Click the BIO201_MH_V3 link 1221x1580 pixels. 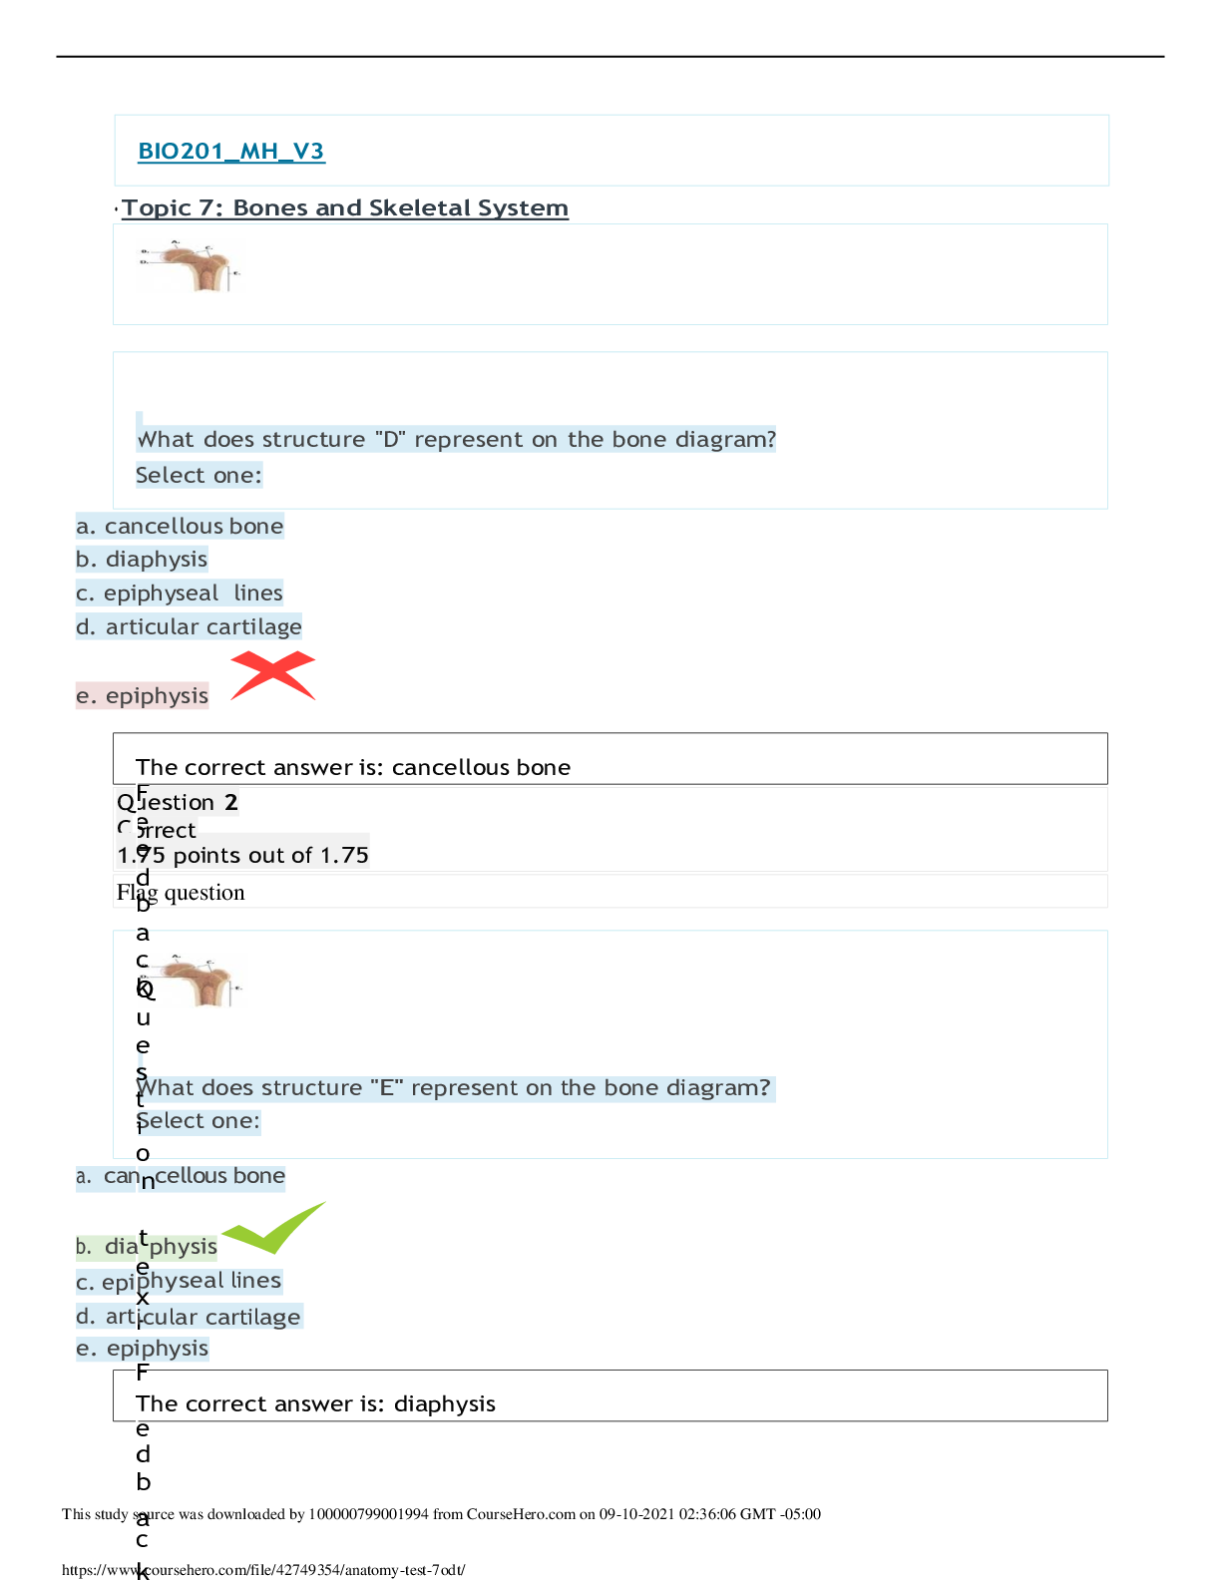coord(230,151)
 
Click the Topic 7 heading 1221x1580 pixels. coord(344,207)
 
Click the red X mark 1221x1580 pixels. coord(272,675)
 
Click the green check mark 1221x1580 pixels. coord(273,1228)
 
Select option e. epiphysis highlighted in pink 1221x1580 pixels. coord(143,695)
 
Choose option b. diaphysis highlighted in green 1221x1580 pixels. coord(147,1246)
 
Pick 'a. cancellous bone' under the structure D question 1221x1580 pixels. coord(181,526)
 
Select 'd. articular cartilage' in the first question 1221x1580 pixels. coord(190,626)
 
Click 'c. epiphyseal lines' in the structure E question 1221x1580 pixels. coord(180,1281)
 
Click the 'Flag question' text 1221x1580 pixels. coord(181,893)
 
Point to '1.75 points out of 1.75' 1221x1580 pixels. coord(242,855)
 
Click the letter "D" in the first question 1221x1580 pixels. coord(389,440)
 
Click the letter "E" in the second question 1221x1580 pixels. coord(385,1088)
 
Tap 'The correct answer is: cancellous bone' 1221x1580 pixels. coord(353,767)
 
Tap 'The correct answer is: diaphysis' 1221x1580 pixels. coord(315,1403)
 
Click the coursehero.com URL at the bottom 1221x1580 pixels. coord(263,1570)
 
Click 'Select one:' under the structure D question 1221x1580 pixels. coord(199,476)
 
